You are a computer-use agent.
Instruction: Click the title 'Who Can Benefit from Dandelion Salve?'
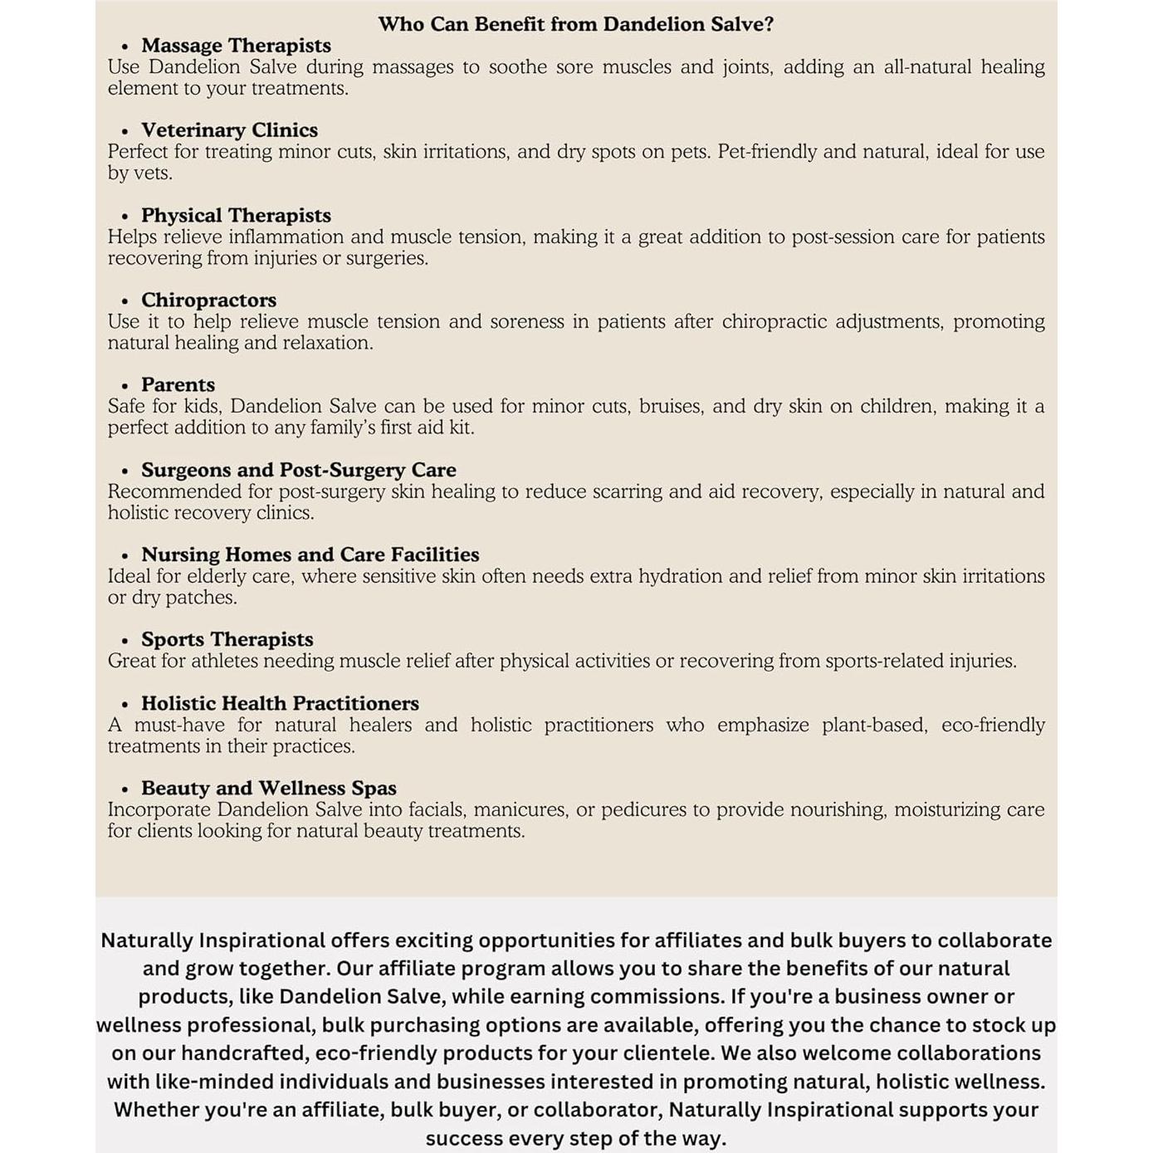click(575, 24)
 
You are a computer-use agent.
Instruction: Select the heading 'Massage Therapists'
click(236, 46)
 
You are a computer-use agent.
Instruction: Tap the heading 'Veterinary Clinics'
click(229, 130)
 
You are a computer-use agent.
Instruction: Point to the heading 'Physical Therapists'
click(236, 216)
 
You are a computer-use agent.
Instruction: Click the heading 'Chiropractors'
click(208, 300)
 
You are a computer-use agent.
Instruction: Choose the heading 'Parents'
click(178, 385)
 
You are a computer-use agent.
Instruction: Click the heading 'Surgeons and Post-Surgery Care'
click(298, 470)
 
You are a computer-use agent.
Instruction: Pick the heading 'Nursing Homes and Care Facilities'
click(310, 555)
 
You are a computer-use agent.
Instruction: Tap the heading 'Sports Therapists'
click(227, 639)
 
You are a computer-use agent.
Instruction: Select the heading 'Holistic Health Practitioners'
click(280, 703)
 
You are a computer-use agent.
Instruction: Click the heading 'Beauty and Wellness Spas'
click(268, 788)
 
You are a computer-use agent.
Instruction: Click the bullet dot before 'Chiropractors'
click(125, 301)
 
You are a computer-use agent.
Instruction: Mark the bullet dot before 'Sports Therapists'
click(125, 641)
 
